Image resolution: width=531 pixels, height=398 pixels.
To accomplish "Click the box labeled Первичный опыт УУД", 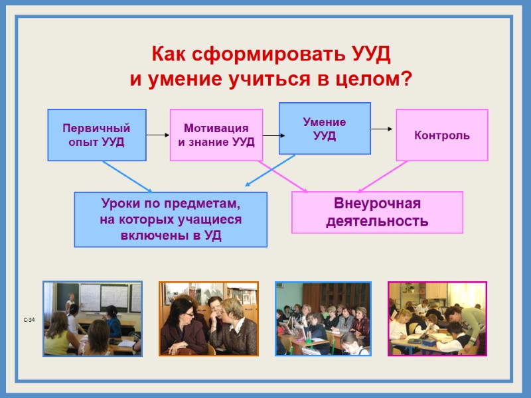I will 97,135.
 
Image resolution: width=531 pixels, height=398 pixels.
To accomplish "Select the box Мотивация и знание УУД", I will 216,135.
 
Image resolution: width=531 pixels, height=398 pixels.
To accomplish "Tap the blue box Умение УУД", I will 325,129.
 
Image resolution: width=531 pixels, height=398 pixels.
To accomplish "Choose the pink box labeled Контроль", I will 442,135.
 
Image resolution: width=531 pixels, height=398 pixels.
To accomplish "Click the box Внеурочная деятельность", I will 377,212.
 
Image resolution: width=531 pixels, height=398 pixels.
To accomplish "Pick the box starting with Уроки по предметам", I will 171,220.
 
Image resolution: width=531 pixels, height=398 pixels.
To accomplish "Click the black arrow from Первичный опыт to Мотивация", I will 158,135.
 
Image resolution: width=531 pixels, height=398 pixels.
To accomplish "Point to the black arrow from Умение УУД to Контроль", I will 383,129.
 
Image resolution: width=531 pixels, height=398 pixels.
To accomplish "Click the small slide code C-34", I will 29,320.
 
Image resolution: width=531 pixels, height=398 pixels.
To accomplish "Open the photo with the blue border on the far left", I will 92,318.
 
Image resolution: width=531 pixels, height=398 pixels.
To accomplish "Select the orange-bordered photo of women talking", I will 208,318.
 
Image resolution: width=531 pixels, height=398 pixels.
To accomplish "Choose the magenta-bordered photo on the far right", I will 437,318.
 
